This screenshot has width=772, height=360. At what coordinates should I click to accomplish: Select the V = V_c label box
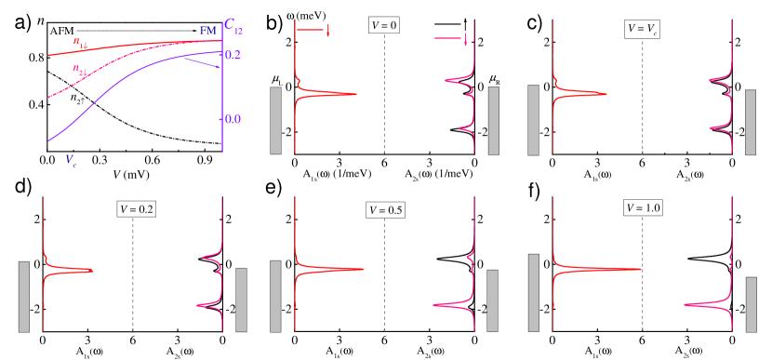[x=642, y=29]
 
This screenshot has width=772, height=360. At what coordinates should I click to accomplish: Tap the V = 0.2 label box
[x=137, y=209]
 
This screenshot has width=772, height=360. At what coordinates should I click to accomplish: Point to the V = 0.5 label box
[x=384, y=209]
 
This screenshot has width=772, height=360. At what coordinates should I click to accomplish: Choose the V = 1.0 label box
[x=642, y=208]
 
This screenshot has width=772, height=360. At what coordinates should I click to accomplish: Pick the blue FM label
[x=208, y=32]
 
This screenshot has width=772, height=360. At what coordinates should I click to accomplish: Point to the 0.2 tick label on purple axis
[x=233, y=55]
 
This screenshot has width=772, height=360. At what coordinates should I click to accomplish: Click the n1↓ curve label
[x=82, y=42]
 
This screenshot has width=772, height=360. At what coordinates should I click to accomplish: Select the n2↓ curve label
[x=81, y=69]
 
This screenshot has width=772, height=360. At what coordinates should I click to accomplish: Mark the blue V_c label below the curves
[x=72, y=159]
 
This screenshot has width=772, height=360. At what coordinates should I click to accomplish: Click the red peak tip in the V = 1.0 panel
[x=641, y=270]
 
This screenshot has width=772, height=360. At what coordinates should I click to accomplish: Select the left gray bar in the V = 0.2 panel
[x=24, y=296]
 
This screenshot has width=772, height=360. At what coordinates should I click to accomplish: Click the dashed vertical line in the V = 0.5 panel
[x=384, y=279]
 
